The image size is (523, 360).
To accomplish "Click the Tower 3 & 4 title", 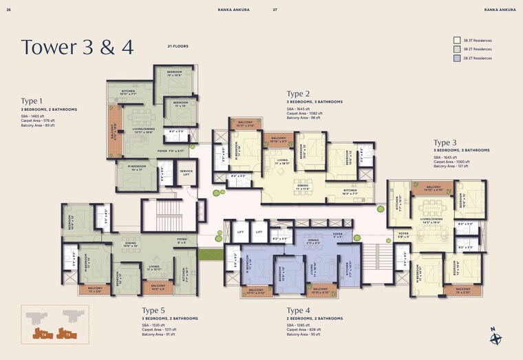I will click(x=77, y=47).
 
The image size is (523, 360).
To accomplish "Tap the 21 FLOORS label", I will click(x=178, y=46).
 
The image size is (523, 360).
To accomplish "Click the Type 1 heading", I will click(x=32, y=100).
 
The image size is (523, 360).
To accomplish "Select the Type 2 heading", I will click(x=298, y=94).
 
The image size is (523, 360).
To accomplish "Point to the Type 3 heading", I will click(x=445, y=142).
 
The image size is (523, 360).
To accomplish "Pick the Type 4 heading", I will click(x=298, y=310).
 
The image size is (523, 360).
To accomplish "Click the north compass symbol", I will click(x=495, y=338).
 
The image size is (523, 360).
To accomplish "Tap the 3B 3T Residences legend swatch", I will click(x=457, y=41).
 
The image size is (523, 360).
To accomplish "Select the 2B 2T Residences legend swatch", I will click(x=457, y=59).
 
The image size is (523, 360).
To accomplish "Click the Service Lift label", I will click(x=186, y=173).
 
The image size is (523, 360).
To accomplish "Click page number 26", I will click(x=8, y=10).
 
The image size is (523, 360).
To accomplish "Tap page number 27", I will click(x=275, y=10).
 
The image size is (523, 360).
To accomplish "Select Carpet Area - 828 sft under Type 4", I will click(x=304, y=330).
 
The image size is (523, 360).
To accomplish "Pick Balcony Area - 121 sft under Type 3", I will click(x=451, y=166).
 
